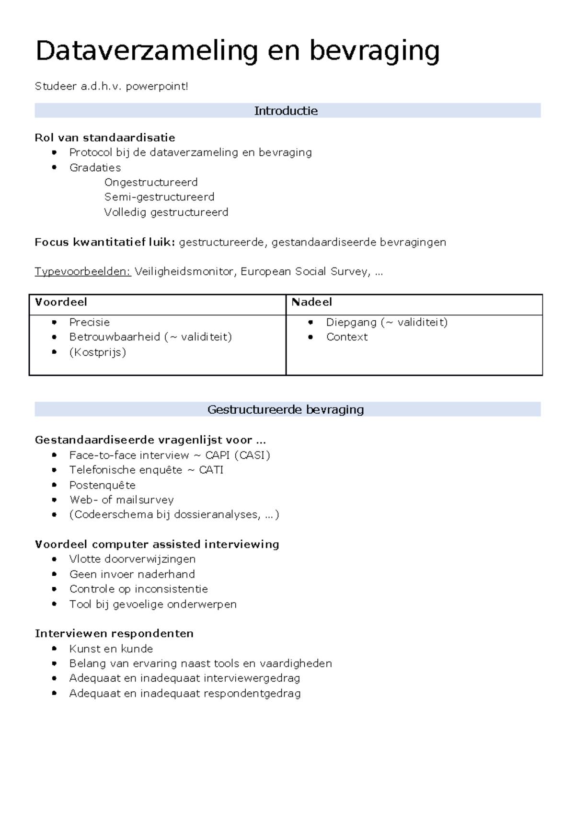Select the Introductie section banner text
click(x=286, y=111)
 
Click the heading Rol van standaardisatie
click(x=105, y=138)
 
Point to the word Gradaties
click(x=95, y=168)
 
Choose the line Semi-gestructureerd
click(x=159, y=197)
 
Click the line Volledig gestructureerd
click(x=166, y=212)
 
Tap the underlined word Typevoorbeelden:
click(x=83, y=272)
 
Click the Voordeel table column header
click(x=61, y=302)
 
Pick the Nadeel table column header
click(x=311, y=302)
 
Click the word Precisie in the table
click(x=90, y=322)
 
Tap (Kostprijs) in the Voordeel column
click(x=98, y=352)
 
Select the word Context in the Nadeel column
click(x=347, y=337)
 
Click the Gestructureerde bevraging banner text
click(x=286, y=409)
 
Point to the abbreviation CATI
click(x=211, y=470)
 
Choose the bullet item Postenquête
click(x=102, y=485)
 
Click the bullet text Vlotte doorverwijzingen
click(x=132, y=559)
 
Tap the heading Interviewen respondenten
click(x=114, y=634)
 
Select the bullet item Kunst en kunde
click(x=111, y=649)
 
